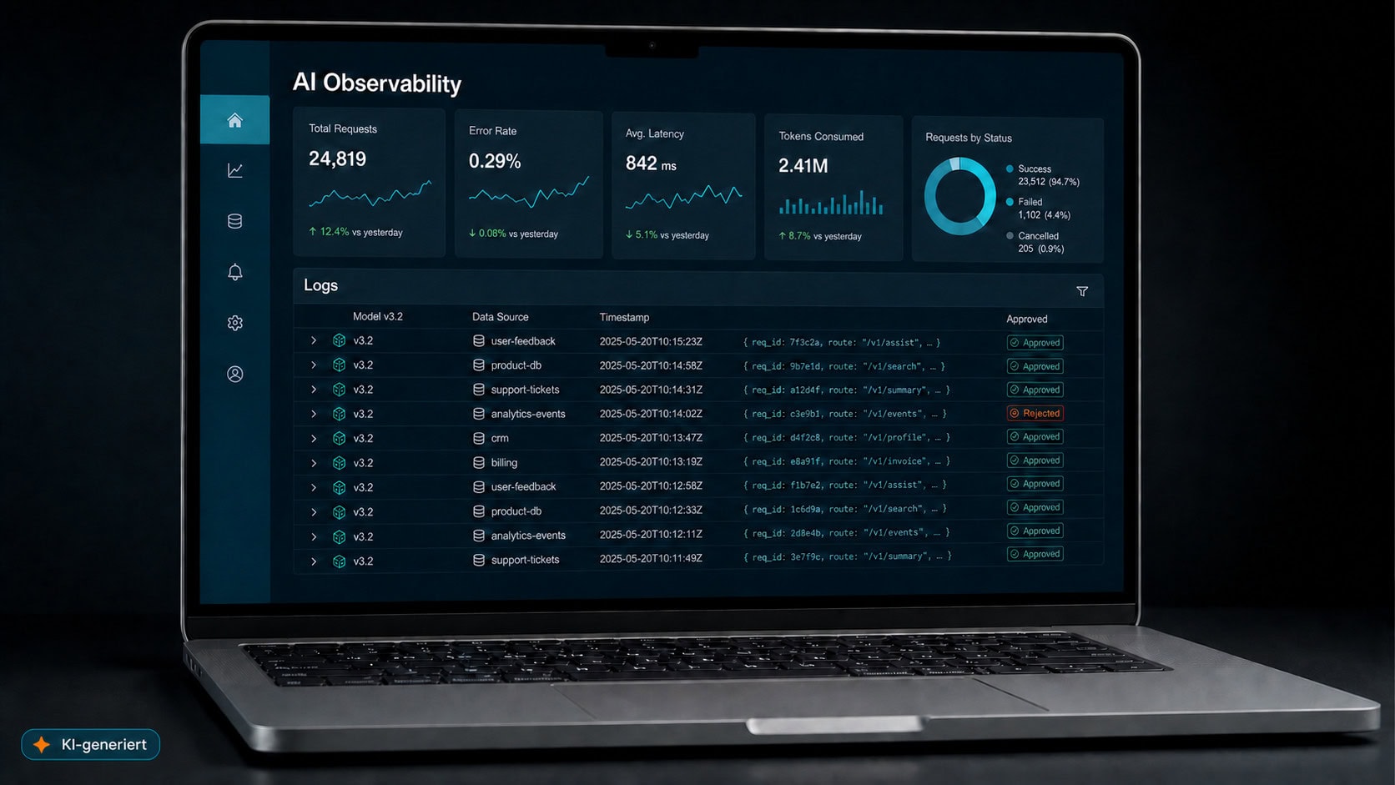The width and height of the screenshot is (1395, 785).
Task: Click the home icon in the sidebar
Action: coord(234,120)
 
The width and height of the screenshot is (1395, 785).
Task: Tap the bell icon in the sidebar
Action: coord(234,272)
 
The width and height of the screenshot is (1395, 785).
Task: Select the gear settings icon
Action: coord(234,323)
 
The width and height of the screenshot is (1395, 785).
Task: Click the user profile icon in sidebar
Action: coord(234,374)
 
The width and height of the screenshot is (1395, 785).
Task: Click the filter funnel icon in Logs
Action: coord(1082,291)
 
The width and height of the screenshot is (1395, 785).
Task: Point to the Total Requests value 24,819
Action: coord(338,159)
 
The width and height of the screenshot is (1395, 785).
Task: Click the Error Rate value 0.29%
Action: coord(495,162)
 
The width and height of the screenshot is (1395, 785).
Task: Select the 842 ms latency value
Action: coord(651,164)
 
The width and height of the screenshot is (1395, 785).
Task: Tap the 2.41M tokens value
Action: coord(803,166)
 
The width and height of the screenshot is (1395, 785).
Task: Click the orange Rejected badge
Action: coord(1035,413)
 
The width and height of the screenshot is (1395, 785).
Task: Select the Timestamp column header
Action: coord(624,318)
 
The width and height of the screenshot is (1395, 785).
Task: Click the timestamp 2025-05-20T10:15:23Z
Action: coord(651,342)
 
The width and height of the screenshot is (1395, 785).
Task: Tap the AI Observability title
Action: coord(377,83)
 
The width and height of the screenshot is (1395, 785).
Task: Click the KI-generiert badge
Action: coord(91,744)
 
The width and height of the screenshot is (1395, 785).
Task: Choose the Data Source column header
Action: coord(500,317)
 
